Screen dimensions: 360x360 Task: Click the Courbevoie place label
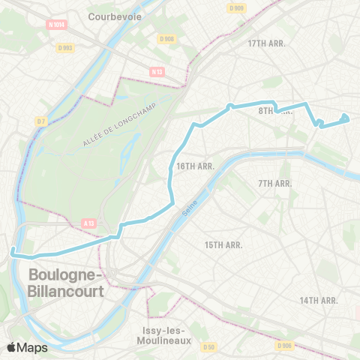(x=114, y=15)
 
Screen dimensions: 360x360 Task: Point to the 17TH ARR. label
(x=268, y=43)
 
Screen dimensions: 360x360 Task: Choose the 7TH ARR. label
(x=274, y=184)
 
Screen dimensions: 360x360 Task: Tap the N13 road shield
(x=157, y=72)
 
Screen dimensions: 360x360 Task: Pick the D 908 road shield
(x=167, y=39)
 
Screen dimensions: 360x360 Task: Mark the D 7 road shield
(x=40, y=121)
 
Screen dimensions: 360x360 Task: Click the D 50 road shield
(x=210, y=346)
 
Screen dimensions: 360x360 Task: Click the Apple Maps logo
(x=27, y=347)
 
